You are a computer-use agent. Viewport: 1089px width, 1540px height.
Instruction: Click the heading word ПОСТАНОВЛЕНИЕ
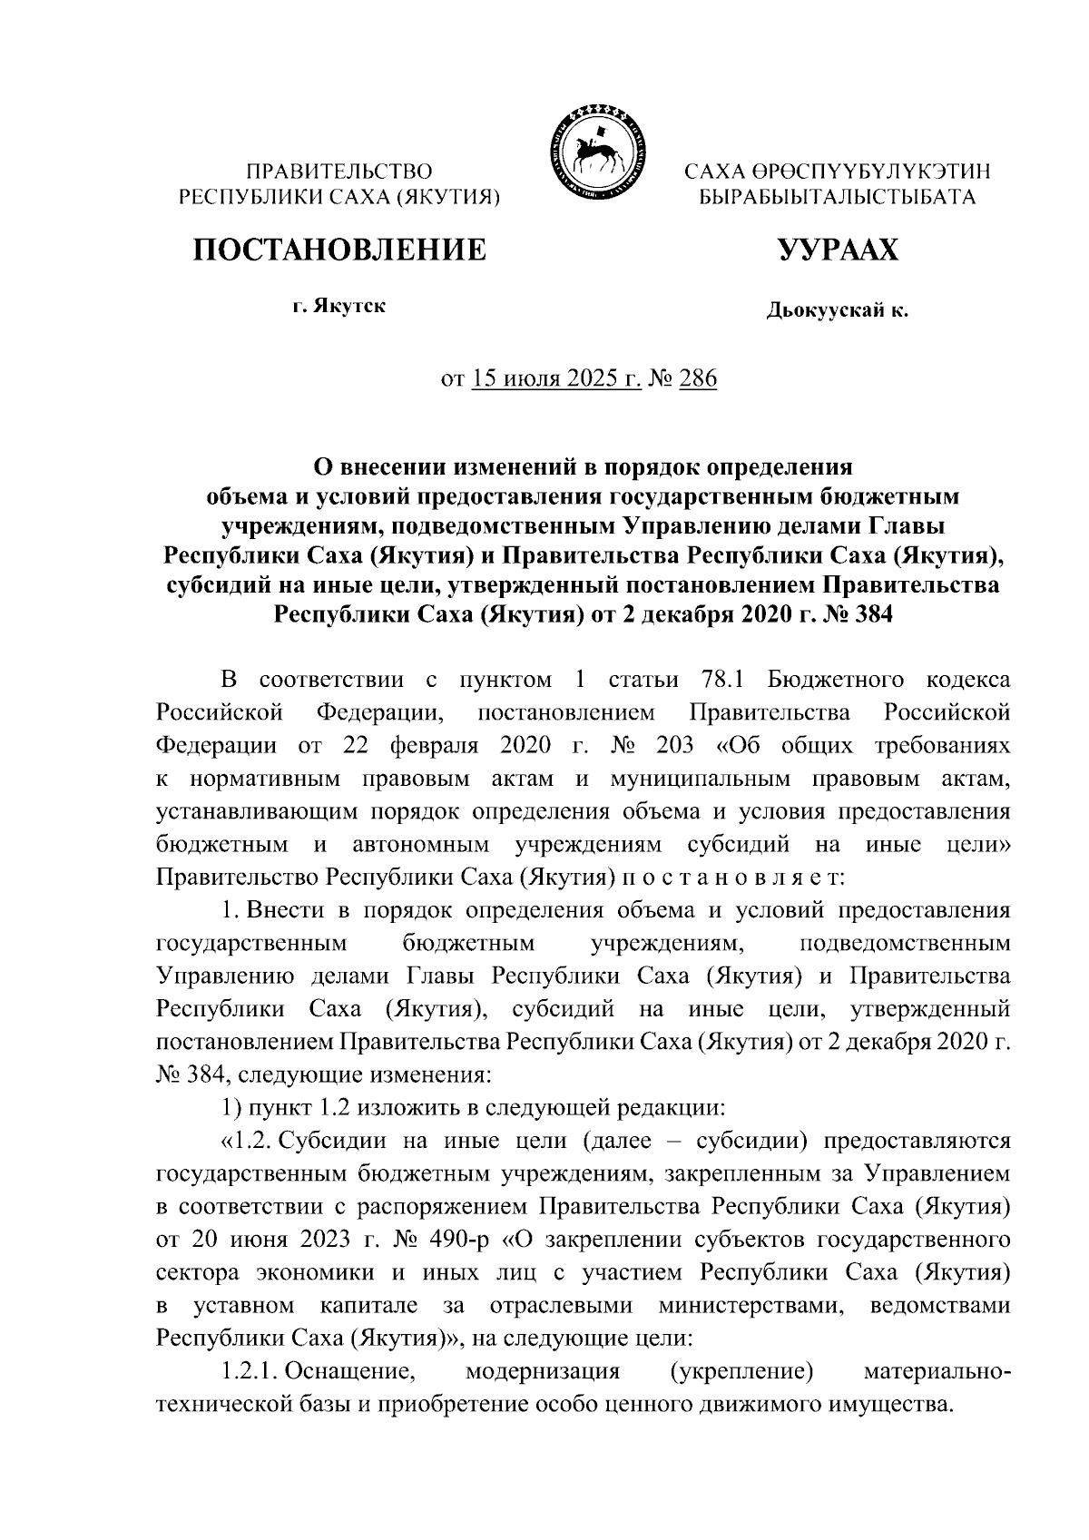tap(338, 250)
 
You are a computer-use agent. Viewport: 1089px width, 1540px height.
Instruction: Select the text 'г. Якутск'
tap(338, 307)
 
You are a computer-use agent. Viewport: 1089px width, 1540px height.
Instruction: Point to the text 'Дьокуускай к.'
tap(837, 312)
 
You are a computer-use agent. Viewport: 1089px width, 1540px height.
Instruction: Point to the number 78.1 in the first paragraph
tap(722, 680)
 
